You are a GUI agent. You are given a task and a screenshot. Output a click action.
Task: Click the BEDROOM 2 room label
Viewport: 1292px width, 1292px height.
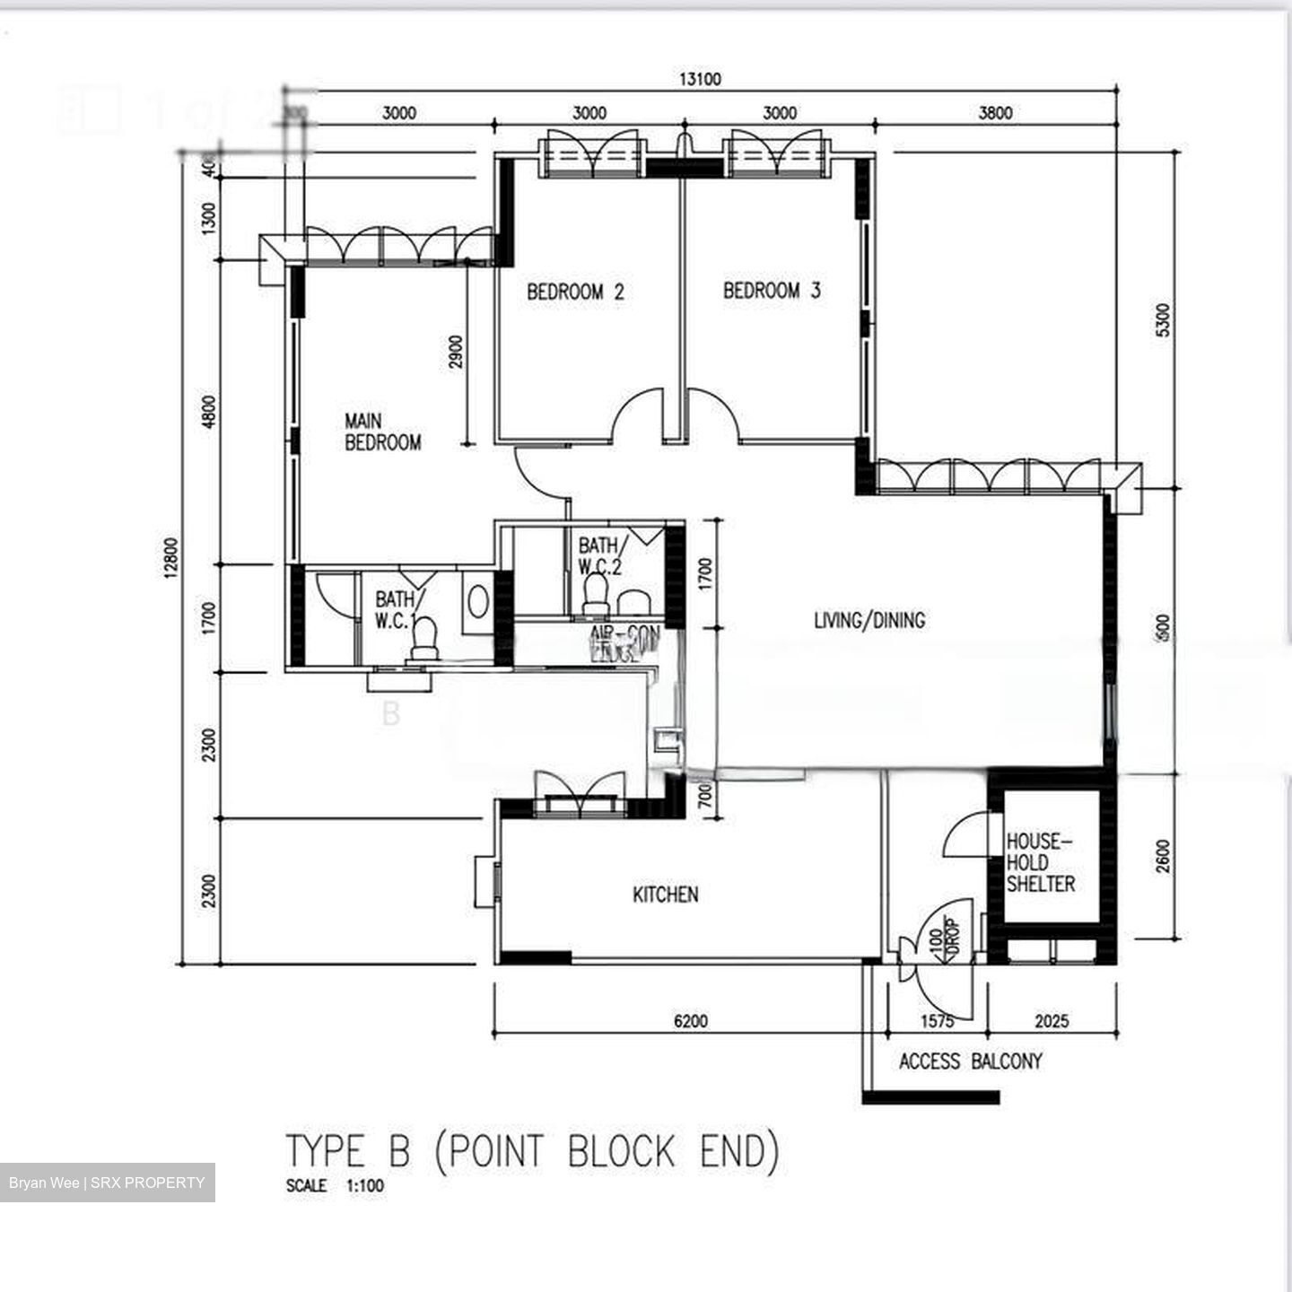point(575,292)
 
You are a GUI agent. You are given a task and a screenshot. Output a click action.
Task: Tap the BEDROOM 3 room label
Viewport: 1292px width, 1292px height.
point(772,291)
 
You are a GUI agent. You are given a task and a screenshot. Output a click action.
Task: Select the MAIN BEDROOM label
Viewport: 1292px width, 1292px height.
point(382,432)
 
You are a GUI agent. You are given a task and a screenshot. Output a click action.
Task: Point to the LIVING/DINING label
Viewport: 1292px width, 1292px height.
point(869,620)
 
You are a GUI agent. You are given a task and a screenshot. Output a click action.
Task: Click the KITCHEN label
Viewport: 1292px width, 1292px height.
point(665,895)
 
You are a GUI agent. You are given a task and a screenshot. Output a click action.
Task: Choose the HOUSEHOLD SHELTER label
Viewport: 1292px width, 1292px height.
point(1040,862)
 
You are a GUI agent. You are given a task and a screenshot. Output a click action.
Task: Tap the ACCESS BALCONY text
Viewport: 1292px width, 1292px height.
point(970,1061)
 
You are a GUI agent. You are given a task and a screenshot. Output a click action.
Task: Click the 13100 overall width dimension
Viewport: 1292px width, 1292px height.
point(699,79)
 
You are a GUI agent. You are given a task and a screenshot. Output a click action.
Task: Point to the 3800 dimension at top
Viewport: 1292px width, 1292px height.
point(995,113)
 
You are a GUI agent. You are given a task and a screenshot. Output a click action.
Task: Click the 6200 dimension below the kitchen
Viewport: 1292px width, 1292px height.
point(690,1021)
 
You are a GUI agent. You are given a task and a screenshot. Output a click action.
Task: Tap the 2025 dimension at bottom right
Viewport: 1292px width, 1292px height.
point(1052,1021)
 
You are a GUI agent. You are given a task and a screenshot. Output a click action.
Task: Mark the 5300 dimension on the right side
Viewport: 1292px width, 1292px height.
point(1163,320)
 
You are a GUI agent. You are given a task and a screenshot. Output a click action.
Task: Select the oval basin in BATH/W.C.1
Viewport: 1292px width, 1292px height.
point(478,602)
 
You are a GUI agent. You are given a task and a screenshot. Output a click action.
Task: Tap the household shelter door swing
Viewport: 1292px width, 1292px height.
point(965,835)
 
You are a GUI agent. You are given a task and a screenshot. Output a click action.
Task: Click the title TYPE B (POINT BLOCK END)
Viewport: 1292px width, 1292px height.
point(532,1151)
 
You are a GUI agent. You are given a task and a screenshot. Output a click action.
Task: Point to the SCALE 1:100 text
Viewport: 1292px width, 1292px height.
point(335,1185)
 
